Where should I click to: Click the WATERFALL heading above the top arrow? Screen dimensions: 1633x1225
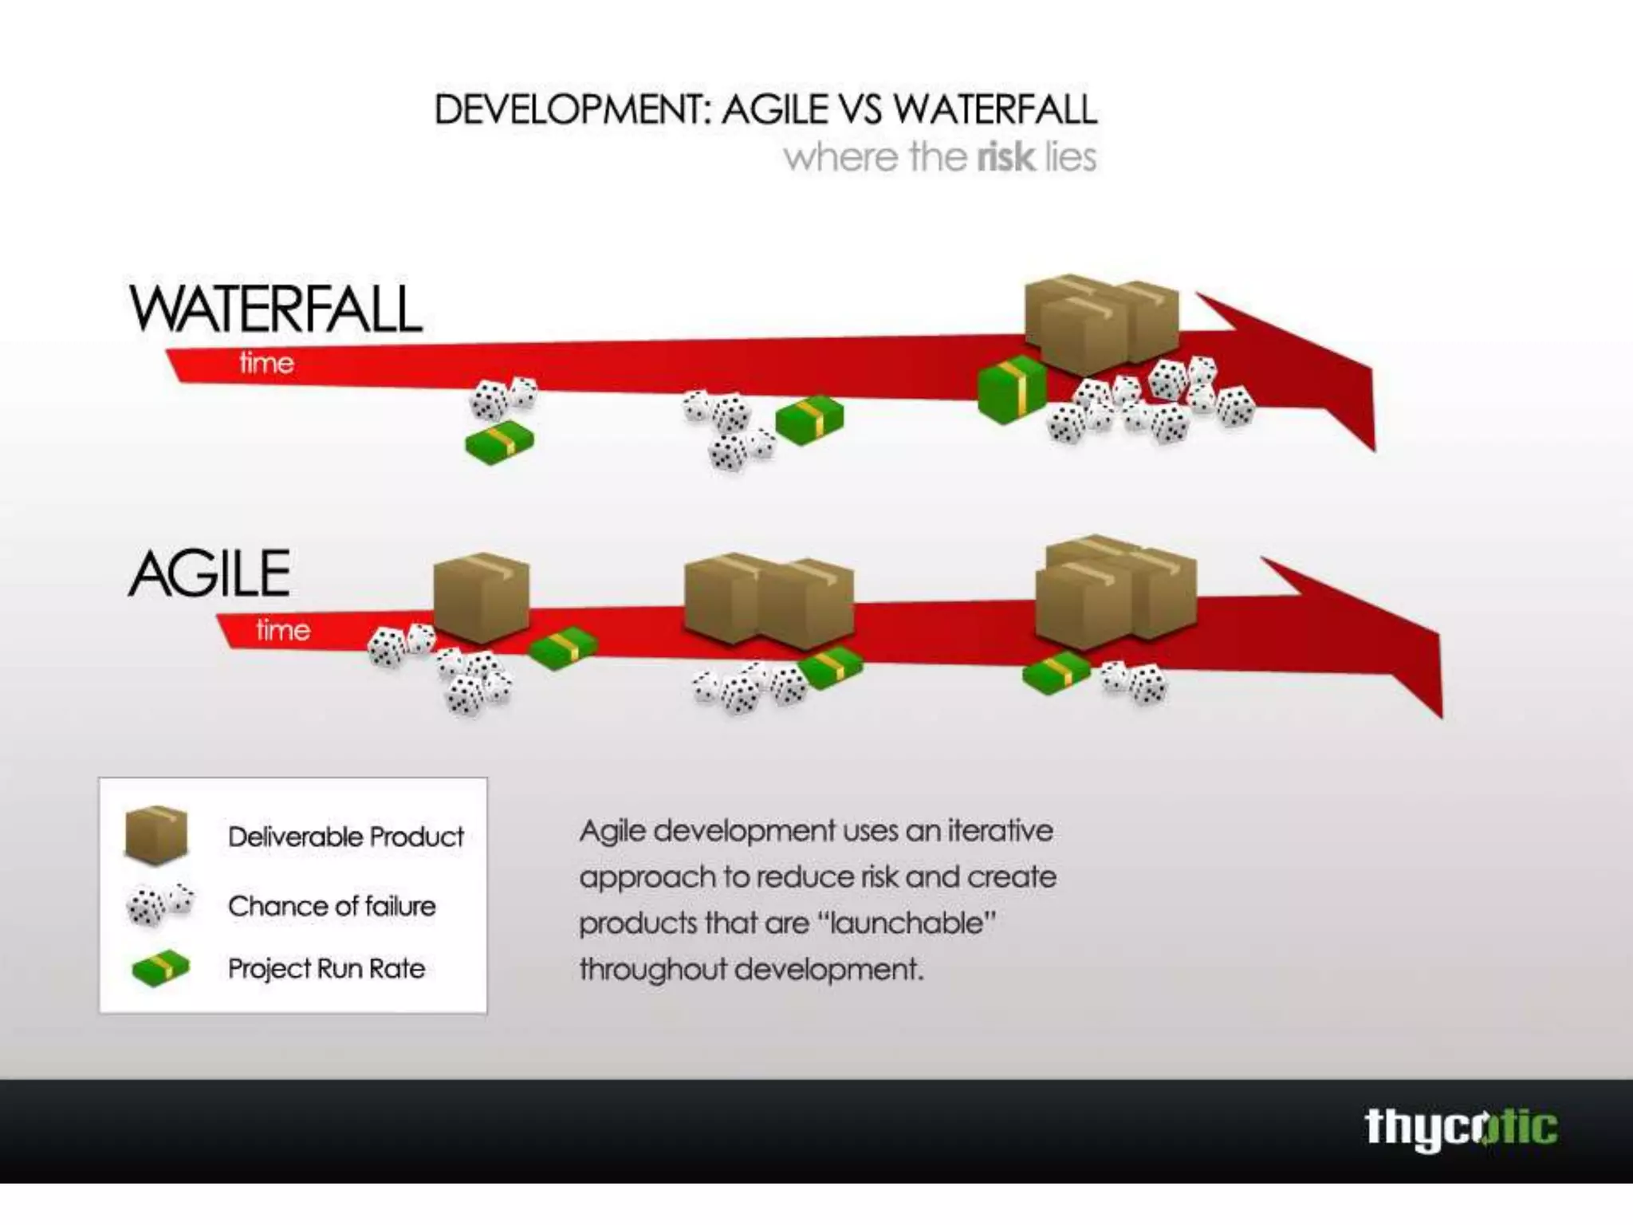[x=275, y=309]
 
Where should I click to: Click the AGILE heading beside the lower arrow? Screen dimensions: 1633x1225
[x=210, y=574]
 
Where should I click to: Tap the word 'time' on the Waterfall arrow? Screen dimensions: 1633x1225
[x=266, y=364]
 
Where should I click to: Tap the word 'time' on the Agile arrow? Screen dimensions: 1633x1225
[x=282, y=630]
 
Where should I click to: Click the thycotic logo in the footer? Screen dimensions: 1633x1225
[x=1461, y=1128]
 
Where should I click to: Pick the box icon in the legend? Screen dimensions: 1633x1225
[x=156, y=835]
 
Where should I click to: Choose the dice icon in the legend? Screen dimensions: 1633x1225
[x=159, y=904]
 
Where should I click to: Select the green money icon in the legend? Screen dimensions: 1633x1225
[x=160, y=968]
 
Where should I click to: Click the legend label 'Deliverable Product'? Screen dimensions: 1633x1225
[x=345, y=837]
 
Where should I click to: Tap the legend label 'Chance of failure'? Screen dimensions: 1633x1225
[x=332, y=906]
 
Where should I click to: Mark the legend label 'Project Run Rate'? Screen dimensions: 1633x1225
[x=326, y=968]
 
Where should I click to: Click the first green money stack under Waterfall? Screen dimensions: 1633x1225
[x=500, y=442]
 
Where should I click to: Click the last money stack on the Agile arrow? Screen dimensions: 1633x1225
[x=1056, y=672]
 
